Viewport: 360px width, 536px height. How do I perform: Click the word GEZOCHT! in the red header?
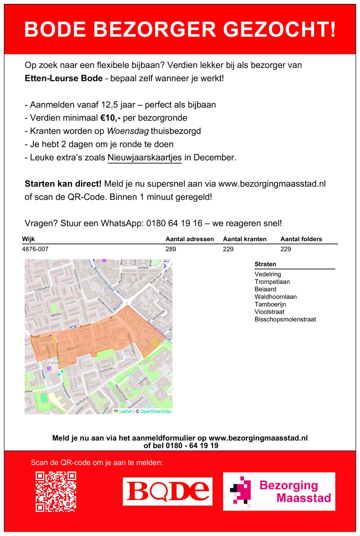(x=280, y=30)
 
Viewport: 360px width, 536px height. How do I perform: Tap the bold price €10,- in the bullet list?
(x=110, y=118)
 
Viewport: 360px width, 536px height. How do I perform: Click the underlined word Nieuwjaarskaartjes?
(x=145, y=157)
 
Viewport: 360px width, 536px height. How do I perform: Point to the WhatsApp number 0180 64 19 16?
(x=175, y=223)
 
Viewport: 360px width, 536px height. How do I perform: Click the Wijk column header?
(x=29, y=239)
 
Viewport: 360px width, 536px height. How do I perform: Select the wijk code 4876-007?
(x=35, y=249)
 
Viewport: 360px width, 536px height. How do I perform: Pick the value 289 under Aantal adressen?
(x=171, y=249)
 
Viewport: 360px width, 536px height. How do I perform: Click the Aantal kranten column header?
(x=245, y=239)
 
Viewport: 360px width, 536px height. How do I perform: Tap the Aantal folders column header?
(x=301, y=239)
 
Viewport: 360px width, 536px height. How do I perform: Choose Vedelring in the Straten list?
(x=268, y=274)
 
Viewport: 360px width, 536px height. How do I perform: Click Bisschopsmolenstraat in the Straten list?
(x=285, y=319)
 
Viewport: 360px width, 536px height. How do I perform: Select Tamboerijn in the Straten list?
(x=270, y=304)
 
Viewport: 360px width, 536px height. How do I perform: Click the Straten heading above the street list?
(x=265, y=264)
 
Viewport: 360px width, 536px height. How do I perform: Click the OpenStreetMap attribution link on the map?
(x=155, y=411)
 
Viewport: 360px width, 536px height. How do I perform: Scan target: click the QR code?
(x=56, y=491)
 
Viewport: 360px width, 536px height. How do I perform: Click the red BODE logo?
(x=168, y=491)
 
